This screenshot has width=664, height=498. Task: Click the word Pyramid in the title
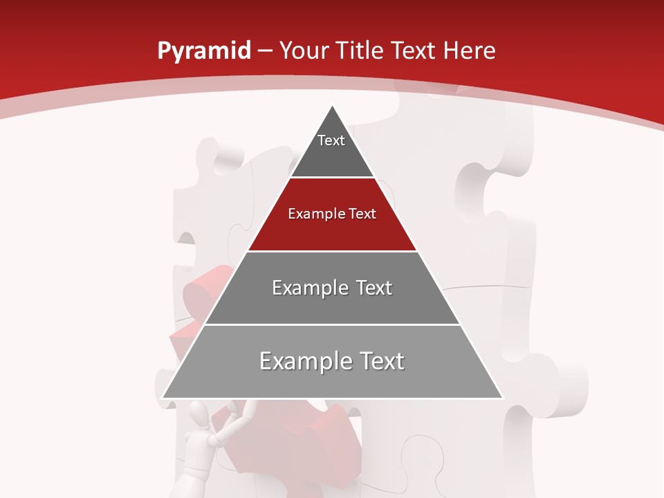tap(203, 51)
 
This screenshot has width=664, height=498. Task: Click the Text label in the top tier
tap(331, 140)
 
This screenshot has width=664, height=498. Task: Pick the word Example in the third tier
tap(309, 288)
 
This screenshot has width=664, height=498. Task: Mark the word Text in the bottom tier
tap(381, 361)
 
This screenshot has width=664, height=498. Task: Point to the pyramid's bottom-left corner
tap(163, 398)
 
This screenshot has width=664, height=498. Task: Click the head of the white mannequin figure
tap(199, 416)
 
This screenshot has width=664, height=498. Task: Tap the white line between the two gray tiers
tap(332, 324)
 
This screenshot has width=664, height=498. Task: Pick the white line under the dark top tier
tap(332, 177)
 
